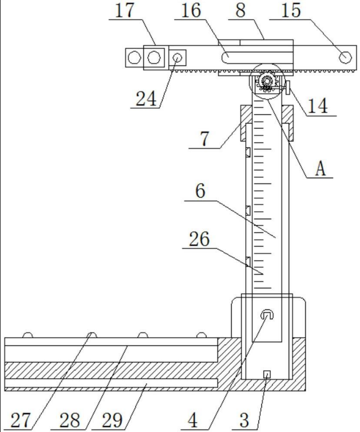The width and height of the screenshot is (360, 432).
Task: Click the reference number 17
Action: (x=124, y=10)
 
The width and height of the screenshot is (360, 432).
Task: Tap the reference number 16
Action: (x=191, y=10)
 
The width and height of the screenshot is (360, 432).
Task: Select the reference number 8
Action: (x=241, y=10)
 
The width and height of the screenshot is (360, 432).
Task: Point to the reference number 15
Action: (x=291, y=10)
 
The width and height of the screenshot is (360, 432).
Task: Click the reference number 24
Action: (x=146, y=98)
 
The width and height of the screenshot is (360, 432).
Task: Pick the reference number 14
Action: (x=318, y=106)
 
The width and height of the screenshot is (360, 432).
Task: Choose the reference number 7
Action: (x=204, y=139)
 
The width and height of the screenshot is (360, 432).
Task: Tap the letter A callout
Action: (x=320, y=168)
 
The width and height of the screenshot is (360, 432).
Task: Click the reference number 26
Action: (x=199, y=239)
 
